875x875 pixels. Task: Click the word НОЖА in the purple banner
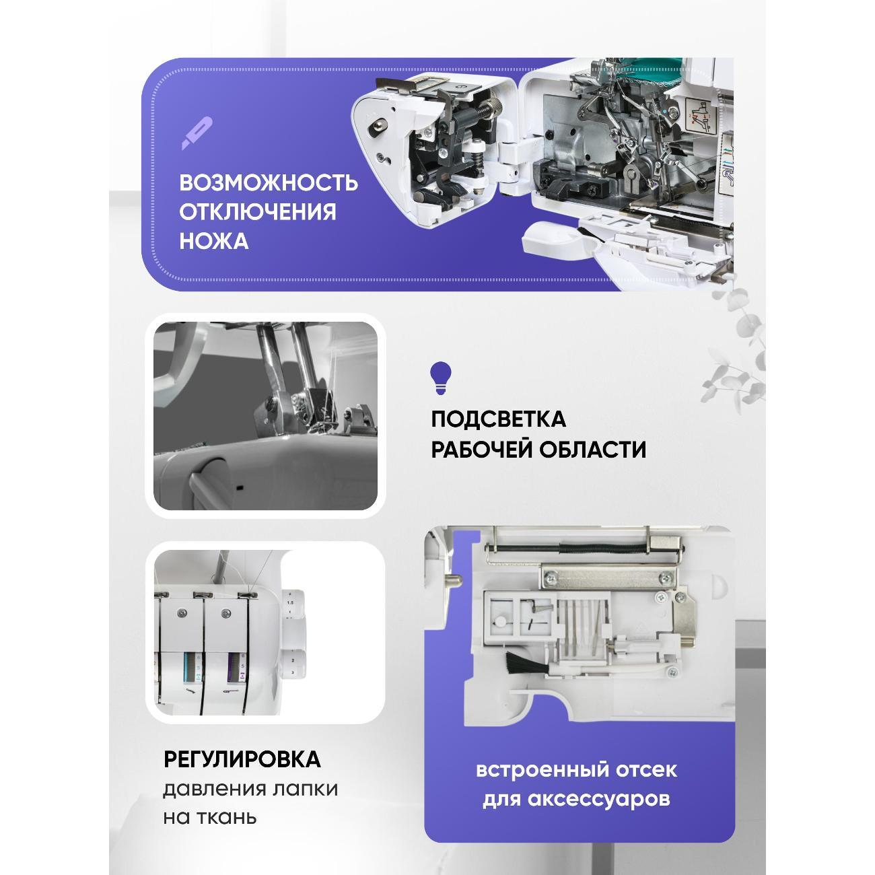click(214, 241)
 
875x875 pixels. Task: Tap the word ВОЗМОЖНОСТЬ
click(269, 183)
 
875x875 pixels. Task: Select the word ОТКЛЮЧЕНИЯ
click(258, 212)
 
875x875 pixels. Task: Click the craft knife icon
click(197, 133)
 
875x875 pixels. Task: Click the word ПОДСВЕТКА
click(498, 419)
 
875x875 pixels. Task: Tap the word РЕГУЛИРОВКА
click(242, 759)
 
